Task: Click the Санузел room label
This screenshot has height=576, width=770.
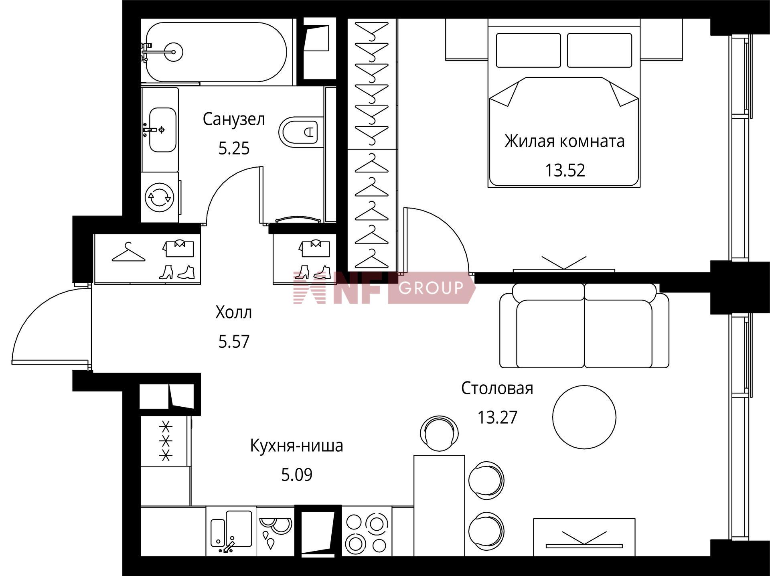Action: pos(234,119)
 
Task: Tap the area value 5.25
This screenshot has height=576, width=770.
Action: pos(234,148)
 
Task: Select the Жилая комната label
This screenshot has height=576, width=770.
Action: pos(564,141)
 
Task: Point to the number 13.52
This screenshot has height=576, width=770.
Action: pos(565,170)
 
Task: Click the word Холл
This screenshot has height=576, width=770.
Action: pos(234,312)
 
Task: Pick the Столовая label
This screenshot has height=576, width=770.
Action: pos(497,388)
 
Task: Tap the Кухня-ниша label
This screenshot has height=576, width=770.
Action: pos(297,446)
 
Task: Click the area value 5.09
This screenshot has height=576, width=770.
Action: pos(297,475)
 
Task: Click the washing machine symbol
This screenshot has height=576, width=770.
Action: pos(160,197)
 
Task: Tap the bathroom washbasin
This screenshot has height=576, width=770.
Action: pos(162,130)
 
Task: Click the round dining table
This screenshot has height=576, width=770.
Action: pos(584,417)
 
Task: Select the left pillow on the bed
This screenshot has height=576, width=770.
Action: pos(528,50)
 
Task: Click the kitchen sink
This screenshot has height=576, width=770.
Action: pos(231,531)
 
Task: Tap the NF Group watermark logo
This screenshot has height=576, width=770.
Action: pos(384,287)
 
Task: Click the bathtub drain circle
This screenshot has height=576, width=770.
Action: pos(173,52)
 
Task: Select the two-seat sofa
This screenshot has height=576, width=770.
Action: pos(584,325)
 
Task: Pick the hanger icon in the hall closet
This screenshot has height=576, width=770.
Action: pos(128,252)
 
